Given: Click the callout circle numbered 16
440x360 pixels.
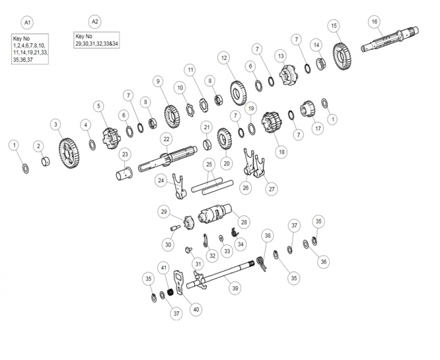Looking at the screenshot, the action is pos(375,22).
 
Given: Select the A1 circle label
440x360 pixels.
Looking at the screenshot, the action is pos(27,22).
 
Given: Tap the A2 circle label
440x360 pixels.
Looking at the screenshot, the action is pos(95,22).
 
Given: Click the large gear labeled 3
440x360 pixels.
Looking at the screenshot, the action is pos(69,153).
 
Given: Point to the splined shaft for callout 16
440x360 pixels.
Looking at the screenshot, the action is pos(390,40).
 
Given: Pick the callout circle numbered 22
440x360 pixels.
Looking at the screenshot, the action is pos(167,139).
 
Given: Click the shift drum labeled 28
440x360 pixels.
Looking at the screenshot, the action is pos(215,214).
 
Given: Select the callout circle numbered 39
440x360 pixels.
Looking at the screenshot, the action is pos(235,288).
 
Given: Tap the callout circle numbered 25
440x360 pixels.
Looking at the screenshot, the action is pos(209,164).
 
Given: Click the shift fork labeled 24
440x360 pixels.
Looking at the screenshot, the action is pos(179,187).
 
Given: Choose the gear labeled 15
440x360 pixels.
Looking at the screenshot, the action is pos(342,56).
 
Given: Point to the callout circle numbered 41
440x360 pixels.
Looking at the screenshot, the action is pos(164,268).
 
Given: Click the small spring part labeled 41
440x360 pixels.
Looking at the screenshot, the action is pos(170,292).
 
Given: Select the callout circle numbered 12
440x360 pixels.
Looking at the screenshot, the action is pos(224,58).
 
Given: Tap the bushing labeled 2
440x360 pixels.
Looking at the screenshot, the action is pos(46,162).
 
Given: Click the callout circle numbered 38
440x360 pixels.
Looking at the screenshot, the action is pos(268,235).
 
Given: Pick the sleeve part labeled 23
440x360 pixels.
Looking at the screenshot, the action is pos(124,173).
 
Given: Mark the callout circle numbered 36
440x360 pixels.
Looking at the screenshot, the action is pos(324,262).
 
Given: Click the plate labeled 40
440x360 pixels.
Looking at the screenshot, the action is pos(179,282).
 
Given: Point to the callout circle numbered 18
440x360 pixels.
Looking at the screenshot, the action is pos(282,152).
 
